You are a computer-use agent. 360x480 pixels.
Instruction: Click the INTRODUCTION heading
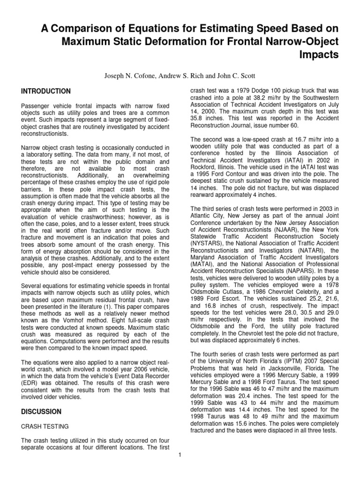click(x=46, y=91)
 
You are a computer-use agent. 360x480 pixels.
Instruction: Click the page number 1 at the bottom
click(x=180, y=454)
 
